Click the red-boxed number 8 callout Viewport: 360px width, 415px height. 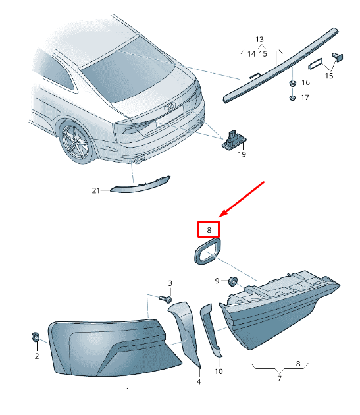[x=209, y=229]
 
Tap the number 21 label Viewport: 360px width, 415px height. [x=95, y=190]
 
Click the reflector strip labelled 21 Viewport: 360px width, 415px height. [x=140, y=185]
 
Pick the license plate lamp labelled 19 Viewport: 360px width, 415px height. [x=234, y=140]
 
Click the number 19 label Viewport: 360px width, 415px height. [x=242, y=153]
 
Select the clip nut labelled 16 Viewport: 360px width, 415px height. [x=292, y=83]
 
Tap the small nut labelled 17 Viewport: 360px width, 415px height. [x=292, y=98]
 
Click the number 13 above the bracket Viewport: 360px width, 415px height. [x=259, y=40]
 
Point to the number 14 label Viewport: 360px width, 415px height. [x=251, y=54]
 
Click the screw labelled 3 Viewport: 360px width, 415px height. [x=166, y=299]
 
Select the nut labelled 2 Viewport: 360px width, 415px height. [x=36, y=337]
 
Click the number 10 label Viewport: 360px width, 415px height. [x=219, y=372]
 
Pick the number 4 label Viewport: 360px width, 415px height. [x=198, y=381]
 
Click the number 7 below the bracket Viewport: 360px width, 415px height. [x=279, y=379]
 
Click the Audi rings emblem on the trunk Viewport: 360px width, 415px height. [x=170, y=107]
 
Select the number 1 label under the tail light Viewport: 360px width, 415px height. [x=128, y=391]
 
